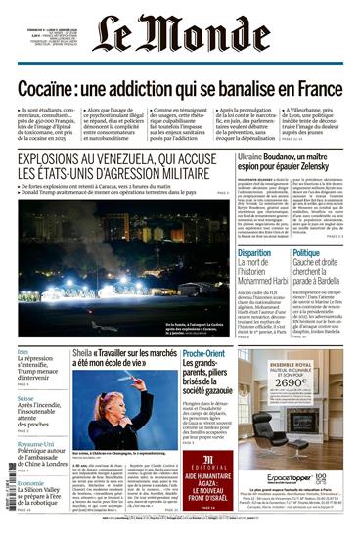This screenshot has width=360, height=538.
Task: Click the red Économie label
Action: (x=31, y=482)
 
